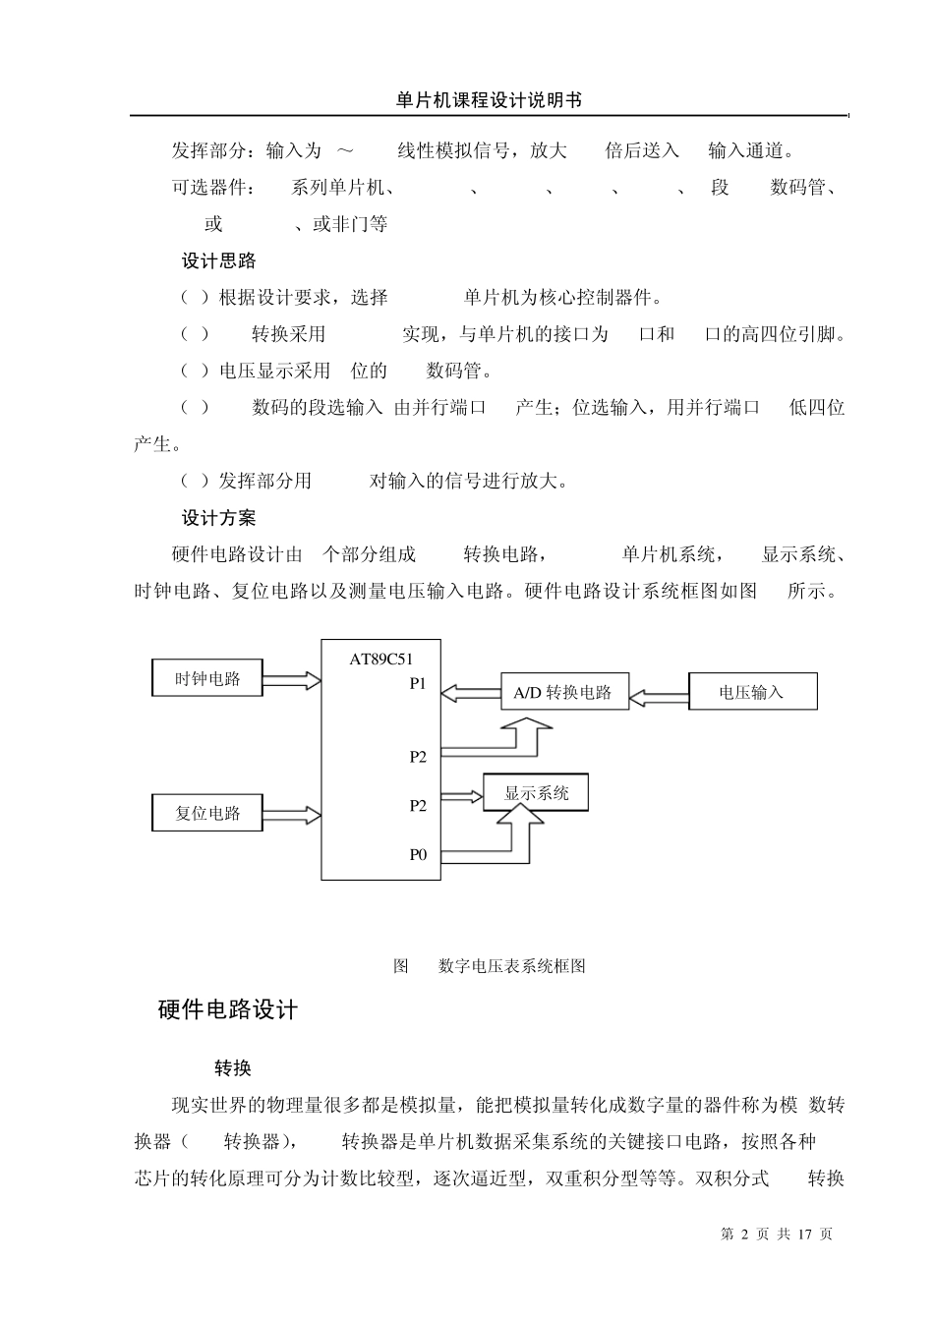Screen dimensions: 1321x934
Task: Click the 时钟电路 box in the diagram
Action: coord(207,678)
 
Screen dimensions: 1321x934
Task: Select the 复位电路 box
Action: coord(207,813)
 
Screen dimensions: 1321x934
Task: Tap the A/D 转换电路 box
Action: coord(563,692)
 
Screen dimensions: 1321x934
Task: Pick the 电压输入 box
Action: coord(752,692)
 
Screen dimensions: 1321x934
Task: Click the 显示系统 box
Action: coord(536,792)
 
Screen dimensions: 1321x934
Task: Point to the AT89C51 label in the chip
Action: coord(381,660)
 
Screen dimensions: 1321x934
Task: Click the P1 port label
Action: coord(419,684)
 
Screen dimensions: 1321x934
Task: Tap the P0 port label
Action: coord(419,854)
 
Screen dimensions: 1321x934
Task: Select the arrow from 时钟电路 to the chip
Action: coord(292,679)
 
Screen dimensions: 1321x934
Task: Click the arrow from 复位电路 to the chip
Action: coord(292,814)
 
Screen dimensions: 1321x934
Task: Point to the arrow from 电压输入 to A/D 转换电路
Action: coord(659,697)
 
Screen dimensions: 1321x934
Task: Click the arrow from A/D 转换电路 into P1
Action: coord(471,693)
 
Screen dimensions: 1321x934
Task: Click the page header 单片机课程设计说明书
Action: coord(489,100)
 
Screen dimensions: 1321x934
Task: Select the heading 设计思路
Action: coord(218,261)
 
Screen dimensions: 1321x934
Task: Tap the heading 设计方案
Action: coord(218,518)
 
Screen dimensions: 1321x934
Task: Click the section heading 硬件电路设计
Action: coord(228,1010)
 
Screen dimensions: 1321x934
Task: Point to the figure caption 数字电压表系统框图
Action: coord(511,966)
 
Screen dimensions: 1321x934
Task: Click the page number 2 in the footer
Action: coord(744,1234)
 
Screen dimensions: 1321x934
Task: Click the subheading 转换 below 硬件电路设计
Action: coord(233,1068)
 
